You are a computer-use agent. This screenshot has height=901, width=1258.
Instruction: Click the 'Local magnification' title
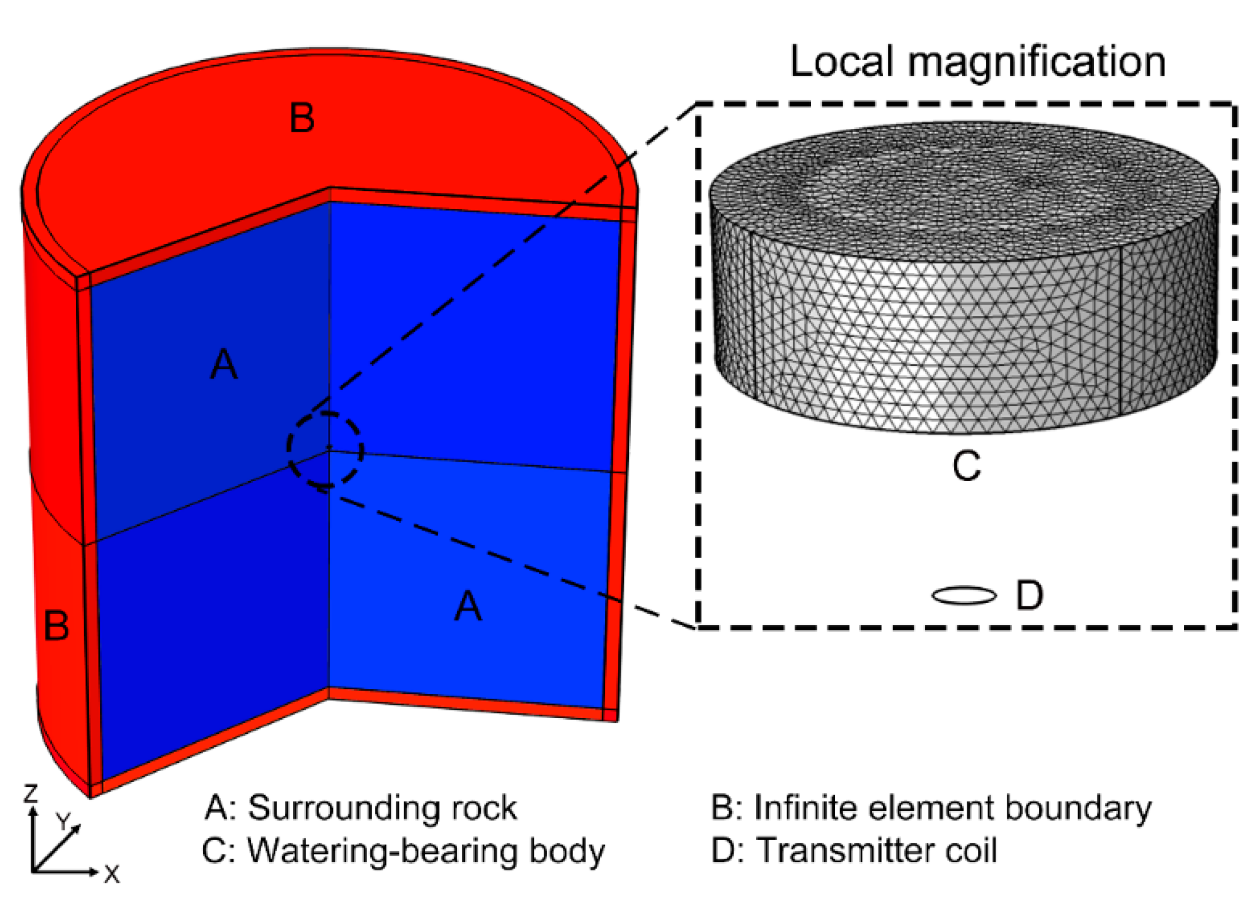click(x=977, y=61)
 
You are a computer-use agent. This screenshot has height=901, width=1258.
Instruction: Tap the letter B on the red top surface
click(x=302, y=118)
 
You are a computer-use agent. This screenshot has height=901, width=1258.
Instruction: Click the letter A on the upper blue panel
click(x=224, y=364)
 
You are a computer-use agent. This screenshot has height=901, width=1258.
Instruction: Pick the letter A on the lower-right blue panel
click(x=468, y=606)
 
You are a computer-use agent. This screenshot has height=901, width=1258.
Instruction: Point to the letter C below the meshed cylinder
click(x=966, y=466)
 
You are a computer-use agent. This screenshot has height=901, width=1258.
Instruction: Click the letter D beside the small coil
click(x=1029, y=595)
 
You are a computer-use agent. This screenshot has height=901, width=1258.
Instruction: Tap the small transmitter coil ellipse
click(x=964, y=596)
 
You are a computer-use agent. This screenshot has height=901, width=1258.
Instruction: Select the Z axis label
click(x=31, y=793)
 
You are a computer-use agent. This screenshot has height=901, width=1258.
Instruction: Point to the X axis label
click(x=112, y=874)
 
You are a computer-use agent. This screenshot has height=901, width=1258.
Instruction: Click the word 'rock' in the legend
click(x=484, y=807)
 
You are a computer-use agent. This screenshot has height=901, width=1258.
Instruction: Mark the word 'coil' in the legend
click(x=971, y=850)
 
